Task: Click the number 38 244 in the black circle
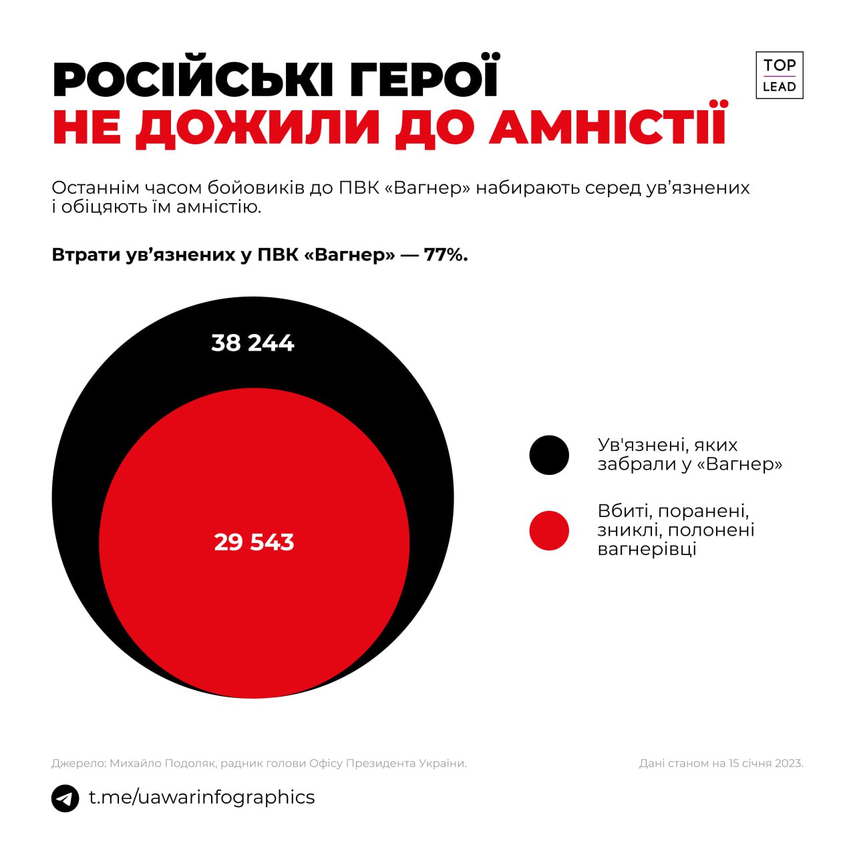[x=252, y=343]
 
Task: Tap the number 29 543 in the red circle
[x=254, y=542]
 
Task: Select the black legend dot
[x=549, y=455]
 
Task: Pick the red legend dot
[x=549, y=530]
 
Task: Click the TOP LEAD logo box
[x=779, y=75]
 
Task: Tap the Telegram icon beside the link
[x=65, y=798]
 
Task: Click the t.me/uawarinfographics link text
[x=202, y=797]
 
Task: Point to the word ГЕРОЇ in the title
[x=423, y=79]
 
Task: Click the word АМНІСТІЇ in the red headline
[x=608, y=125]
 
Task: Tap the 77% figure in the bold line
[x=446, y=254]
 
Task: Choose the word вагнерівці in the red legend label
[x=647, y=549]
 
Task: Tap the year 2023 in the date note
[x=789, y=763]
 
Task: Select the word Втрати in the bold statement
[x=85, y=254]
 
